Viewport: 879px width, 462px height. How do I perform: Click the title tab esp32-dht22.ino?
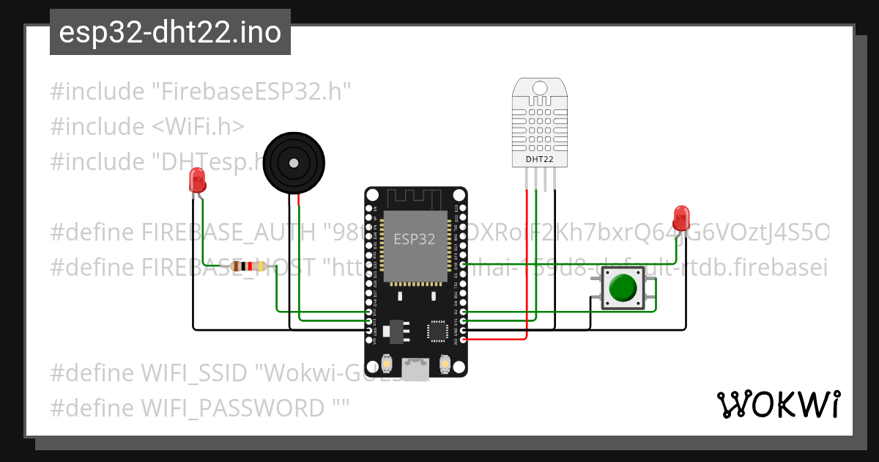(x=170, y=33)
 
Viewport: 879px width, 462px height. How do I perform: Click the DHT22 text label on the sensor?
(x=538, y=158)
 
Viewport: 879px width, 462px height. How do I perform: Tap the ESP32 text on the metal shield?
(x=415, y=238)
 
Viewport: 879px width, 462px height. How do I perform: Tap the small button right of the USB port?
(x=444, y=364)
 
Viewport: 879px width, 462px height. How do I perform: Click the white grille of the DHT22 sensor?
(x=538, y=121)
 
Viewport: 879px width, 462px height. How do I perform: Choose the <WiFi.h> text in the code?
(x=198, y=127)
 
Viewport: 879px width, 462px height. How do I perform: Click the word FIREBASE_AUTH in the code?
(x=229, y=233)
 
